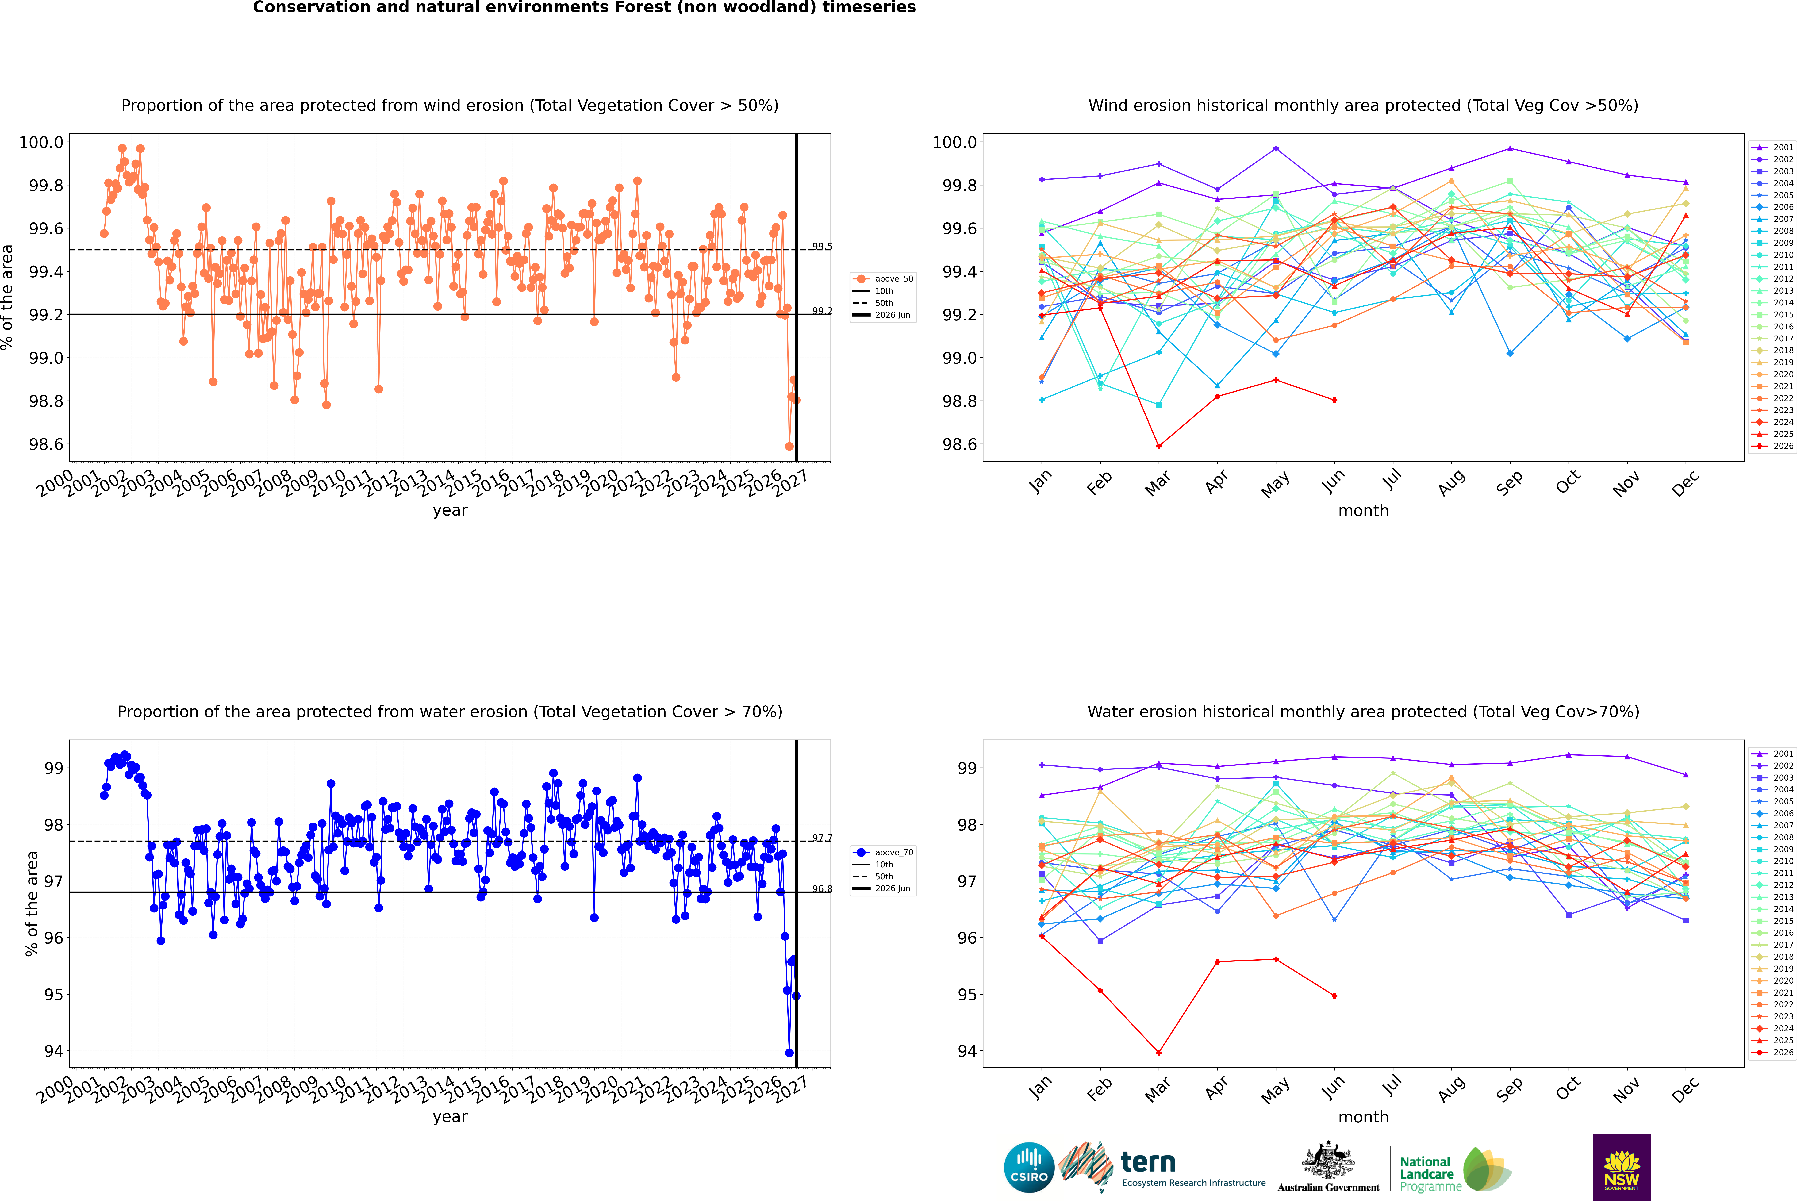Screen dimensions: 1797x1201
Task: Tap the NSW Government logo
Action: (1622, 1167)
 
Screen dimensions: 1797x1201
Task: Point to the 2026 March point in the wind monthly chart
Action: (1158, 446)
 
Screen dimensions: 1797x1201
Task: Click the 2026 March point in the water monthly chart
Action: (1158, 1052)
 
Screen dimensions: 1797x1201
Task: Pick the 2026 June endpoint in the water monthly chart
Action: (1334, 996)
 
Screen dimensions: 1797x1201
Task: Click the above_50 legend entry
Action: (883, 279)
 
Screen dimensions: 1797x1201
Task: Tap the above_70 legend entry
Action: (883, 853)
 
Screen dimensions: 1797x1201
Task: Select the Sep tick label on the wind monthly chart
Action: (1509, 482)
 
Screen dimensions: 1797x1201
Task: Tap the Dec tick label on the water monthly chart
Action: (1685, 1089)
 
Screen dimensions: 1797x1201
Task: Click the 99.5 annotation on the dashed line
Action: (822, 247)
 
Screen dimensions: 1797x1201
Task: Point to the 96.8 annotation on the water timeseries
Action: (822, 889)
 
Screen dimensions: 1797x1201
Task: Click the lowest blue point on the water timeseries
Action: (789, 1052)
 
